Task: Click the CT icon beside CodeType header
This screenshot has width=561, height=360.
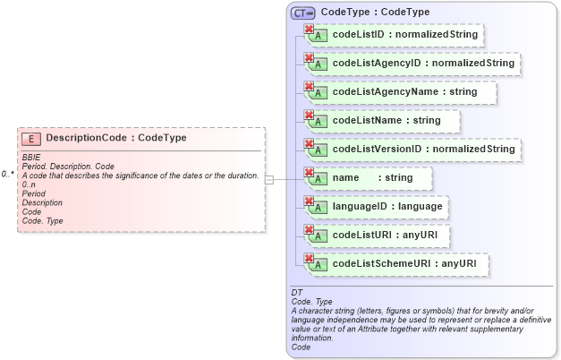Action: pyautogui.click(x=302, y=13)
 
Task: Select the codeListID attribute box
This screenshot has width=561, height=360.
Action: pyautogui.click(x=395, y=35)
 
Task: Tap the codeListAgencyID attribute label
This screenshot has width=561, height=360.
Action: pyautogui.click(x=423, y=64)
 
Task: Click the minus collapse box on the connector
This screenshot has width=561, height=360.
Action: pyautogui.click(x=269, y=179)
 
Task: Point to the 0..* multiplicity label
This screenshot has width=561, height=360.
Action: pyautogui.click(x=7, y=174)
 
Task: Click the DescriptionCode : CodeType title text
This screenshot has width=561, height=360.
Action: pyautogui.click(x=116, y=139)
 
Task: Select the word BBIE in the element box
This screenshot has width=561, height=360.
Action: pyautogui.click(x=30, y=158)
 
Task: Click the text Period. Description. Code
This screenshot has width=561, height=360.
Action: pyautogui.click(x=68, y=167)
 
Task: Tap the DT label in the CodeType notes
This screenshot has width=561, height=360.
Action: pyautogui.click(x=297, y=293)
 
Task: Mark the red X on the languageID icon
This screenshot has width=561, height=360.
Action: pyautogui.click(x=310, y=201)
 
